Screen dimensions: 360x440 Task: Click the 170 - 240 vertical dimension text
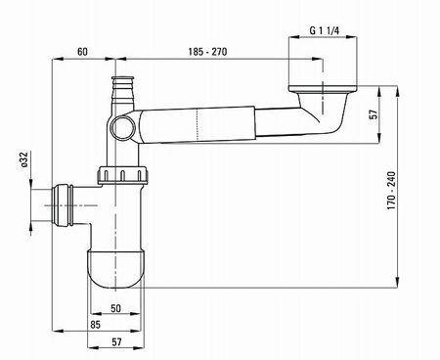[x=391, y=191]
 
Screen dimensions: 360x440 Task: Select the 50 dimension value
[x=116, y=308]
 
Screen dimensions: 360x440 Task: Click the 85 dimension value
[x=96, y=325]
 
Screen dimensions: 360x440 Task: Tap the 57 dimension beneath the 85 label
[x=116, y=342]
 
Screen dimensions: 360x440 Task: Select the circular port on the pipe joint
[x=121, y=127]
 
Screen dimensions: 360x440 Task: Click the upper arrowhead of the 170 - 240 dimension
[x=398, y=91]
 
